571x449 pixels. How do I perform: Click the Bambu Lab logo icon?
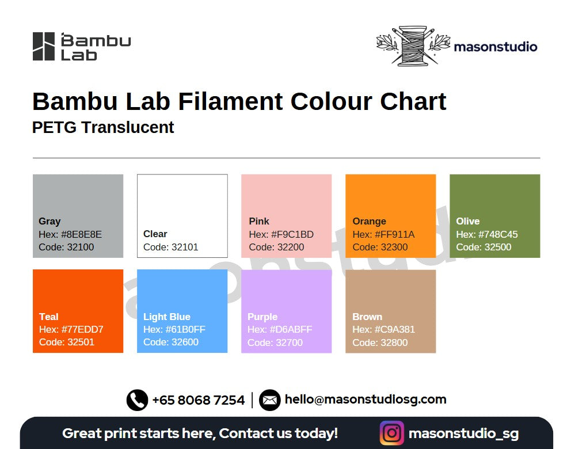pos(44,46)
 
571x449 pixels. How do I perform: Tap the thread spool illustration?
pos(413,46)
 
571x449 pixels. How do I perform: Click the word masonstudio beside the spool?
pos(496,47)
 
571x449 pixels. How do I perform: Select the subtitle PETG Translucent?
pos(103,127)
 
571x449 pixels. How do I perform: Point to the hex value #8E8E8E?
pos(81,234)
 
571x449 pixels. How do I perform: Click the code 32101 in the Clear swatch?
pos(185,247)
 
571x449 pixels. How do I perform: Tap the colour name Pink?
pos(259,221)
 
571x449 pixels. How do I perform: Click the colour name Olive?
pos(468,221)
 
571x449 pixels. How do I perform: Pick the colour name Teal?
pos(49,317)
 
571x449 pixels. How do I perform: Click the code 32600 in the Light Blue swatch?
pos(185,342)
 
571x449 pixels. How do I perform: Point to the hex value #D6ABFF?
pos(291,329)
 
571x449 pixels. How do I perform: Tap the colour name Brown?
pos(367,317)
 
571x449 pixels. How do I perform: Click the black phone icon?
pos(138,400)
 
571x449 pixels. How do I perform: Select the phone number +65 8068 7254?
pos(199,400)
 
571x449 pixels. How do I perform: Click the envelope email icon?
pos(270,400)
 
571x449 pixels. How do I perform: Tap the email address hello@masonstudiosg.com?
pos(366,399)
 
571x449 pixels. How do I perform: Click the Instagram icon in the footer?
pos(392,433)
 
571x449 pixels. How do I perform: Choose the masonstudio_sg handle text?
pos(464,433)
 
